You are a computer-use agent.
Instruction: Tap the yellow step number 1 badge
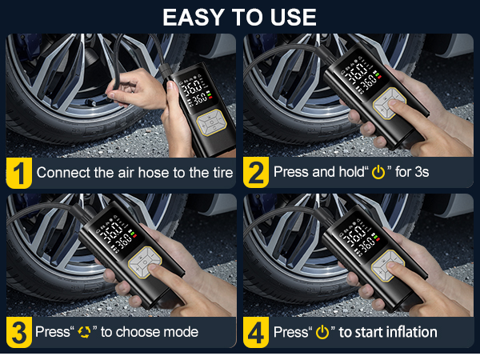[x=18, y=171]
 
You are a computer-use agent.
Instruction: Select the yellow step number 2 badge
[x=256, y=171]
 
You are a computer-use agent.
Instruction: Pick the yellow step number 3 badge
[x=18, y=331]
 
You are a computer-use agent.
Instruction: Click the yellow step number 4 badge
[x=256, y=331]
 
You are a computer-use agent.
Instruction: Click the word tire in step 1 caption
[x=222, y=172]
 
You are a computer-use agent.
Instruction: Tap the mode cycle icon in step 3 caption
[x=83, y=332]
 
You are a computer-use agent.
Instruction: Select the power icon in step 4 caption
[x=322, y=332]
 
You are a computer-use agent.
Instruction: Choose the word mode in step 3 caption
[x=181, y=332]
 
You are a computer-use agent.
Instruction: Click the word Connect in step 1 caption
[x=60, y=172]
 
